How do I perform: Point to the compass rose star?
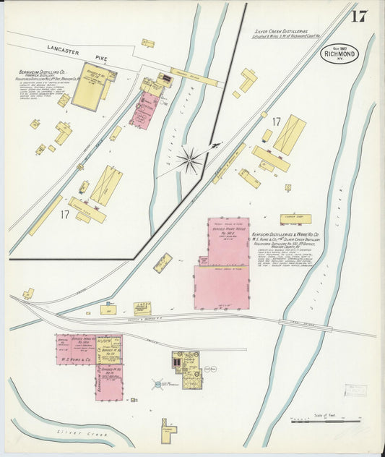(190, 160)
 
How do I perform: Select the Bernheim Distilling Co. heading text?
(43, 73)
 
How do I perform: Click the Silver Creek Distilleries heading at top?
(281, 32)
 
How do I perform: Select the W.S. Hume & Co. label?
(77, 359)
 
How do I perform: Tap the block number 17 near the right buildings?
(274, 121)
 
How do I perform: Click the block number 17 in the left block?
(64, 215)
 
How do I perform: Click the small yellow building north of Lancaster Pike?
(148, 43)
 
